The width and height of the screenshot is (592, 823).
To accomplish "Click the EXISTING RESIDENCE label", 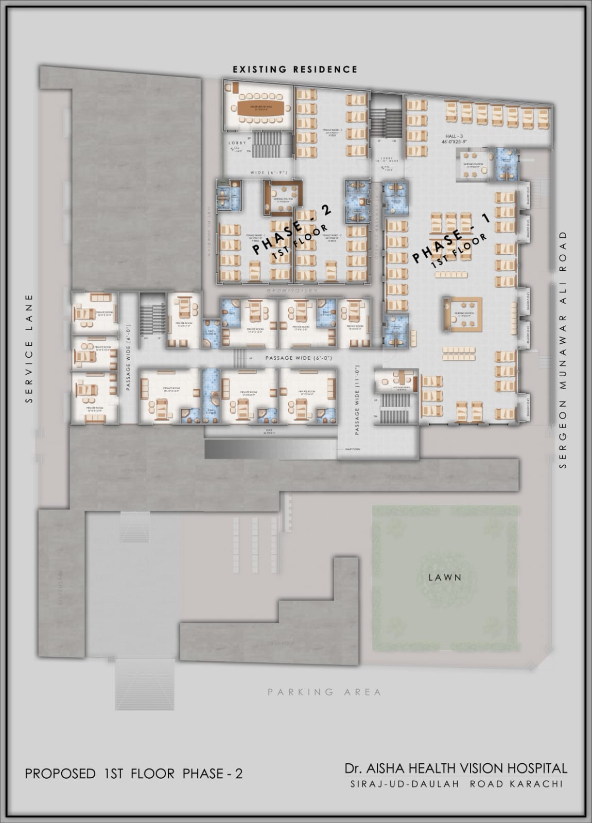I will (294, 69).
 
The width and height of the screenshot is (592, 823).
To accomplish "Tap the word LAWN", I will (445, 577).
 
